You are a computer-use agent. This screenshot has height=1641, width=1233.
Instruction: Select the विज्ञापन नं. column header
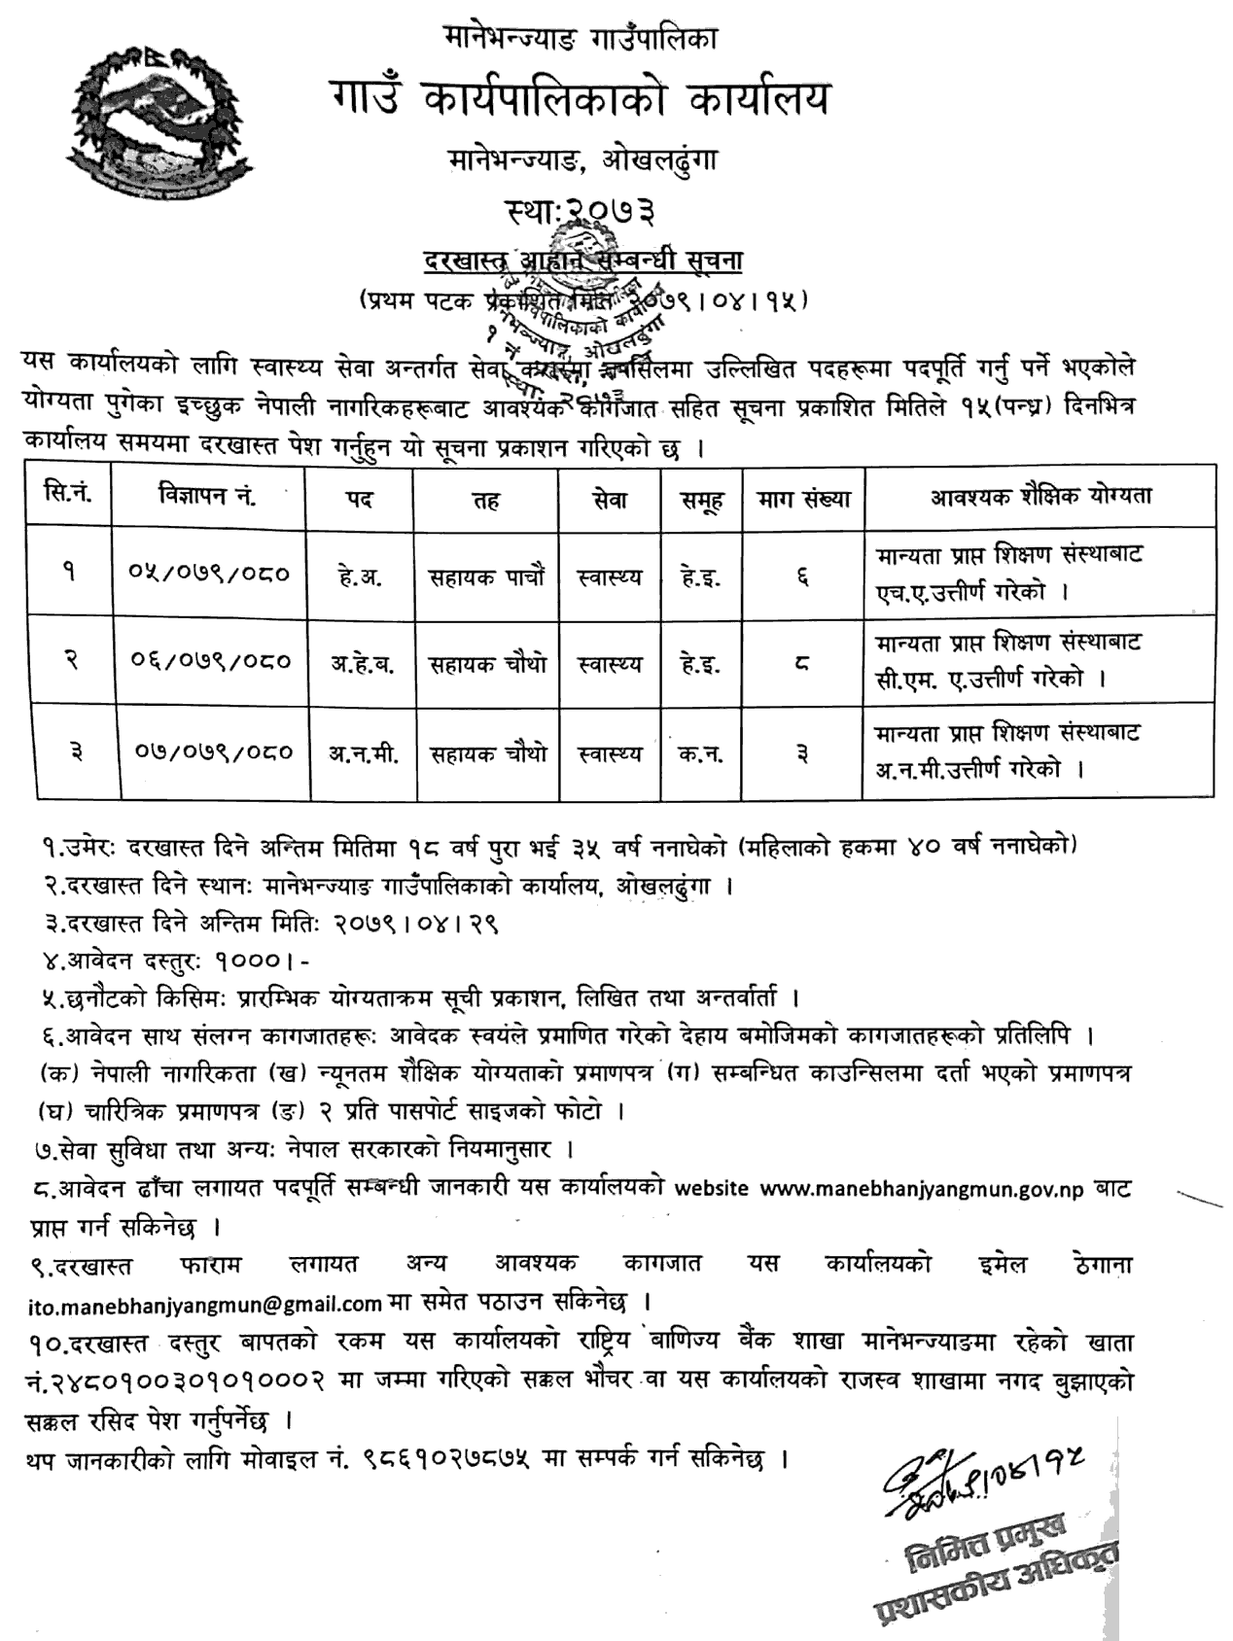click(x=207, y=497)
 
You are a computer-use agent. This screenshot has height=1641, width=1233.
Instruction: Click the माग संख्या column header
click(x=803, y=499)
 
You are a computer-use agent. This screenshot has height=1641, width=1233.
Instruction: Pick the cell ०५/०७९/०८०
click(x=208, y=574)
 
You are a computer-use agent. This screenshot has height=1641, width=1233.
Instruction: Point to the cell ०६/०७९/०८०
click(x=208, y=661)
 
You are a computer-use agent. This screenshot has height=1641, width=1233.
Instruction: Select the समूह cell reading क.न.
click(x=701, y=753)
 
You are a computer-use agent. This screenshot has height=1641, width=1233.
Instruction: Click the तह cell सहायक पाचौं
click(x=486, y=576)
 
